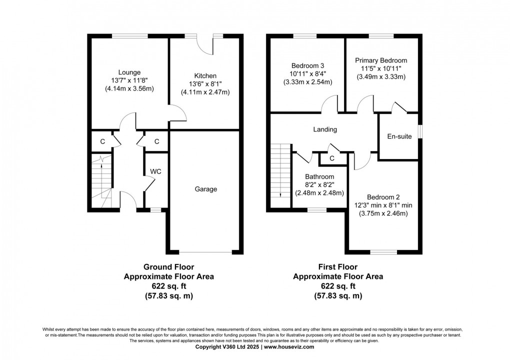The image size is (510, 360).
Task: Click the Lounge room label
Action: pyautogui.click(x=129, y=72)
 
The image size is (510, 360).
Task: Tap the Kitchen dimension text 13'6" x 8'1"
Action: pyautogui.click(x=205, y=84)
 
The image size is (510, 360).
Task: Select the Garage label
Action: pyautogui.click(x=206, y=189)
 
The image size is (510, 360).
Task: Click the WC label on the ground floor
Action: pyautogui.click(x=155, y=171)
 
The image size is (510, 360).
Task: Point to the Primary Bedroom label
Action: pyautogui.click(x=381, y=60)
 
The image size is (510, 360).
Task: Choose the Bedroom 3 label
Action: pyautogui.click(x=308, y=65)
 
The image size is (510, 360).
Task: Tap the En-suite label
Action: pyautogui.click(x=399, y=136)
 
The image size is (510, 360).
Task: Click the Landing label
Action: pyautogui.click(x=325, y=129)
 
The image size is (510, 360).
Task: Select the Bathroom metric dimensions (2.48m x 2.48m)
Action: pyautogui.click(x=319, y=193)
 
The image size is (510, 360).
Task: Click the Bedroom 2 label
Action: pyautogui.click(x=383, y=197)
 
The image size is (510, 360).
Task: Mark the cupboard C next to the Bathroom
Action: pyautogui.click(x=331, y=158)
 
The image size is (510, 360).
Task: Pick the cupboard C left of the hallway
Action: pyautogui.click(x=102, y=141)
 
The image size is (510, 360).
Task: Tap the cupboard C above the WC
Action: pyautogui.click(x=156, y=141)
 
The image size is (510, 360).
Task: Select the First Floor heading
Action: pyautogui.click(x=338, y=267)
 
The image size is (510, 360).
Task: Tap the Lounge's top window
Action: pyautogui.click(x=129, y=35)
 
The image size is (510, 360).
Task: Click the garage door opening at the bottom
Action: pyautogui.click(x=206, y=251)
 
